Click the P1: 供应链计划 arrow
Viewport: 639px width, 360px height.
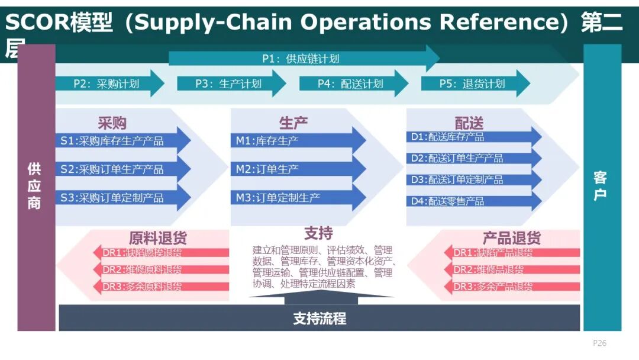pyautogui.click(x=302, y=59)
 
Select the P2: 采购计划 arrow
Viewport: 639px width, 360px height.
pyautogui.click(x=107, y=83)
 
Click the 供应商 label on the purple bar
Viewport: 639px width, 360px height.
pyautogui.click(x=35, y=186)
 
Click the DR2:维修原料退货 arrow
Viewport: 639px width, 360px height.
pyautogui.click(x=160, y=269)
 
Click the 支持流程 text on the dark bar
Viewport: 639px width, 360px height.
pyautogui.click(x=319, y=319)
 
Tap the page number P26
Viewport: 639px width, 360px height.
pyautogui.click(x=599, y=343)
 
